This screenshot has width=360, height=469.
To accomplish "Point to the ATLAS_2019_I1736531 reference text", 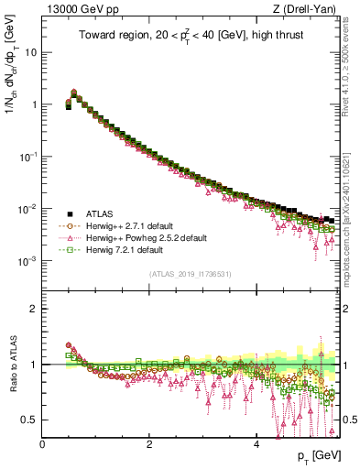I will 188,274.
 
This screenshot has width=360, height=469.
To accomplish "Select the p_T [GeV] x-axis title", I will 316,455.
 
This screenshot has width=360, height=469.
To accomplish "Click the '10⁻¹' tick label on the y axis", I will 27,157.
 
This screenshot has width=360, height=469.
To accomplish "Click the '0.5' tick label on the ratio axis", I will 29,420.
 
